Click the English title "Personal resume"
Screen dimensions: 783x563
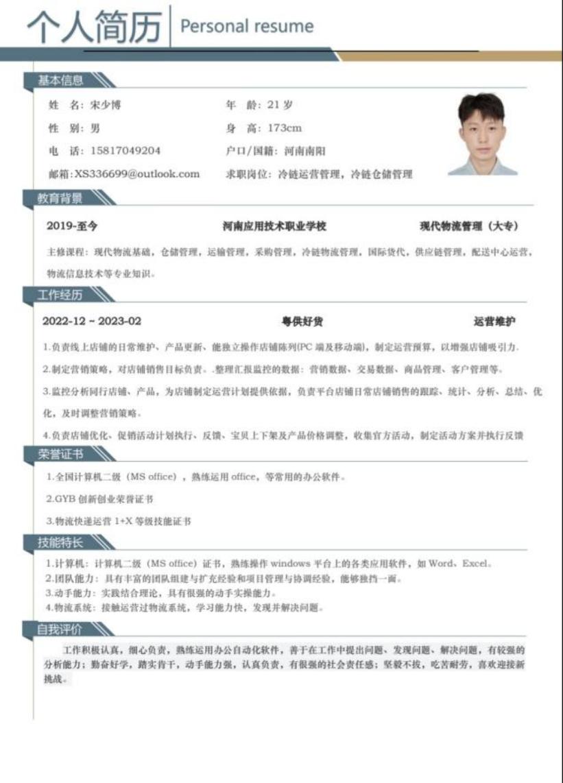point(246,27)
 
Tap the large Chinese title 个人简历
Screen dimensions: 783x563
point(94,27)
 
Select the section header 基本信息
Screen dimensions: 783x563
point(60,81)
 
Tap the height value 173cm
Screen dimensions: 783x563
point(285,128)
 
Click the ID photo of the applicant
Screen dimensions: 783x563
point(482,134)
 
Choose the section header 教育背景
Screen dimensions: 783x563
point(60,199)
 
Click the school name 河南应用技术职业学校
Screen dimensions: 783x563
point(274,226)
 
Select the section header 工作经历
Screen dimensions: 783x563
point(60,295)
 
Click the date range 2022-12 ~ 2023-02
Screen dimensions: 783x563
point(92,322)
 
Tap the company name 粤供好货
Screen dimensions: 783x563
point(302,322)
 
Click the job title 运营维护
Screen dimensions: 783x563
point(494,322)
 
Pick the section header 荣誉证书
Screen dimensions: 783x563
point(60,454)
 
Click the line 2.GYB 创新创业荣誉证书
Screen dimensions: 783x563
point(100,499)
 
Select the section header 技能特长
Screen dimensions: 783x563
point(60,543)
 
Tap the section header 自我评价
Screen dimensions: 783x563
point(60,629)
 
